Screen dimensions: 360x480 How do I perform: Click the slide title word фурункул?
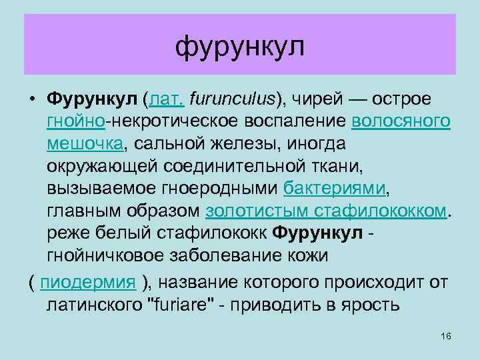(x=240, y=47)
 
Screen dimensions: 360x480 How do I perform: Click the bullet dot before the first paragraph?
(x=32, y=100)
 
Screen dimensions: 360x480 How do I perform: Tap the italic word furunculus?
(x=231, y=100)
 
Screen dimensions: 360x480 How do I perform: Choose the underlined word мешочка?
(x=85, y=144)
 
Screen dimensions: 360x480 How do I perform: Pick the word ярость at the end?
(x=370, y=305)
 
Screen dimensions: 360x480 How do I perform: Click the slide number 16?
(x=446, y=335)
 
